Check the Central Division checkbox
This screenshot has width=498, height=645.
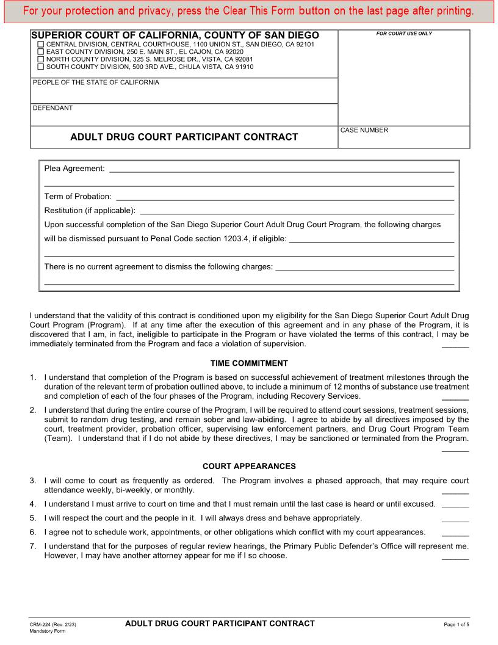[x=41, y=45]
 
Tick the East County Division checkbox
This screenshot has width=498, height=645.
[x=41, y=53]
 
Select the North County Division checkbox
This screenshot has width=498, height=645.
[x=41, y=60]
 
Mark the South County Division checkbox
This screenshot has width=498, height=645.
[x=41, y=67]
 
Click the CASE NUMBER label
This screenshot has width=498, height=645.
[x=364, y=130]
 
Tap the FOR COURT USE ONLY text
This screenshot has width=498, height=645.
[x=403, y=34]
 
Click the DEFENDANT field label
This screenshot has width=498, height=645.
[x=52, y=108]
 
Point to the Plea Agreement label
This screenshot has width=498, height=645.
[x=74, y=169]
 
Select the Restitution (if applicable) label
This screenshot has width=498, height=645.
[x=90, y=211]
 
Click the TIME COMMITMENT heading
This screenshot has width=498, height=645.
[x=249, y=363]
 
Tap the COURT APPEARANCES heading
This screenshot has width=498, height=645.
[x=249, y=467]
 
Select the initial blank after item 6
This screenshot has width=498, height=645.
[x=455, y=534]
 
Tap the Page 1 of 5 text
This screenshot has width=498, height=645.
[x=457, y=625]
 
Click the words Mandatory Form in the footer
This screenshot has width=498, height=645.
[x=48, y=632]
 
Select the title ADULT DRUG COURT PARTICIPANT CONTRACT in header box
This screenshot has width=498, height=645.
[x=184, y=137]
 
